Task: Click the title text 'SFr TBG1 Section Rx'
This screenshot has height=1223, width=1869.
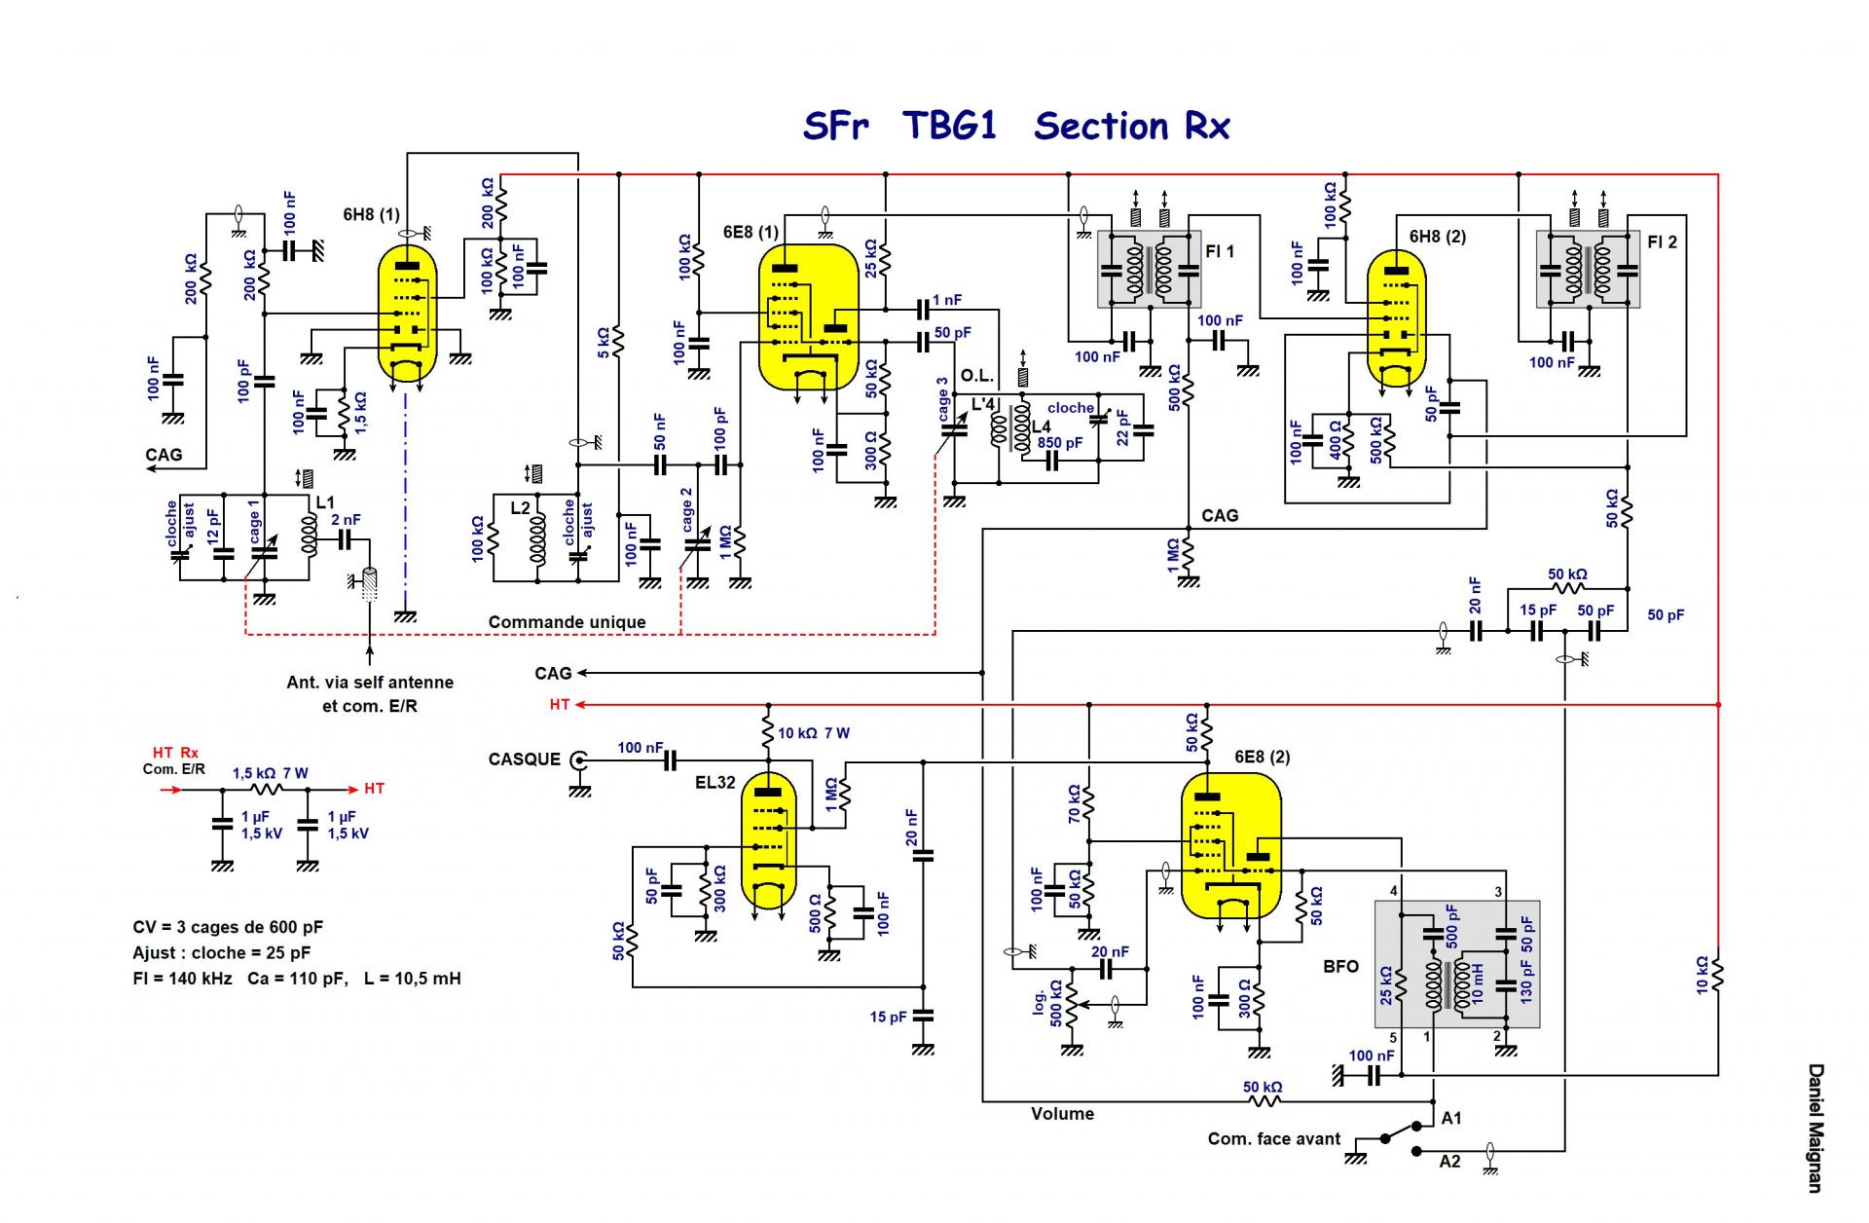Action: click(x=1016, y=127)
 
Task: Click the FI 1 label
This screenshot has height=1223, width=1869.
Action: click(x=1220, y=252)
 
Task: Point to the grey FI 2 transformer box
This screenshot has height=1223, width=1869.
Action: click(x=1588, y=269)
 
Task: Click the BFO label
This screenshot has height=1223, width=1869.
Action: click(x=1340, y=967)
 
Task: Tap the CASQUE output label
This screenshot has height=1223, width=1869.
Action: click(x=524, y=760)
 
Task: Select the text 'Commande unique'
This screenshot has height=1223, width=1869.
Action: click(x=567, y=622)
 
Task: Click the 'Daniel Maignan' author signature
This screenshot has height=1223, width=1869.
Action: click(x=1815, y=1128)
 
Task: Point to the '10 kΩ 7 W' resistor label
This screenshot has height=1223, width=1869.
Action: click(x=814, y=733)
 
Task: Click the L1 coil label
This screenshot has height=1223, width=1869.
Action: click(x=325, y=503)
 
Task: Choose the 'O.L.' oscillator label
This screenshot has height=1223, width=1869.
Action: click(x=977, y=377)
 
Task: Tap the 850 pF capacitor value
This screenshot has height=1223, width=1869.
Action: click(x=1059, y=443)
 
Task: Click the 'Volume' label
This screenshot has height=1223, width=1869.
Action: click(x=1062, y=1114)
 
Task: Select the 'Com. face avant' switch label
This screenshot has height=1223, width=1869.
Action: click(x=1273, y=1139)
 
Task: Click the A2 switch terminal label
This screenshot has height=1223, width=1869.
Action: click(x=1449, y=1162)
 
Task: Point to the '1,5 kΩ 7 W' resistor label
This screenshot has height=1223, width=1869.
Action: click(x=270, y=773)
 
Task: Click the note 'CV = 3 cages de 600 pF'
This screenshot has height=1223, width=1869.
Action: click(x=228, y=928)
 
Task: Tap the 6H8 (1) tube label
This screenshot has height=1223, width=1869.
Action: click(x=371, y=214)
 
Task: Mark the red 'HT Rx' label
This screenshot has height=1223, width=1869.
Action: click(x=175, y=753)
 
